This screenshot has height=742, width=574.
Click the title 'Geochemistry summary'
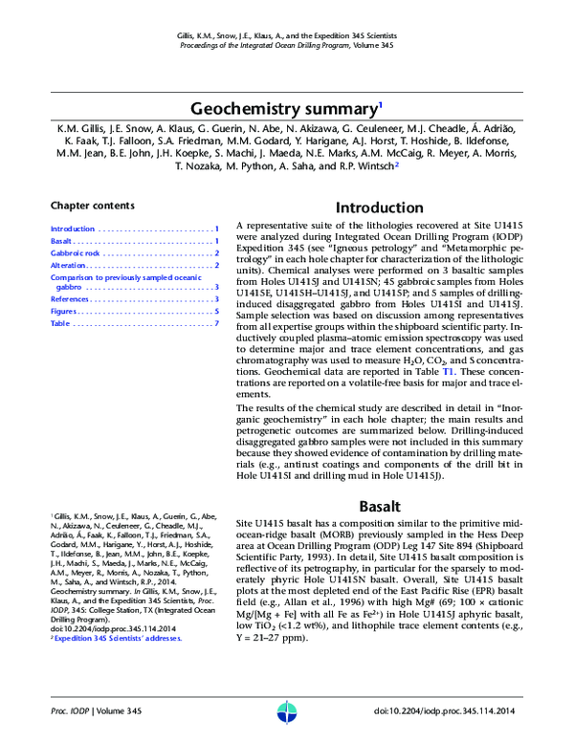point(284,108)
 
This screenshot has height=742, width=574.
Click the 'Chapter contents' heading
point(92,206)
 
